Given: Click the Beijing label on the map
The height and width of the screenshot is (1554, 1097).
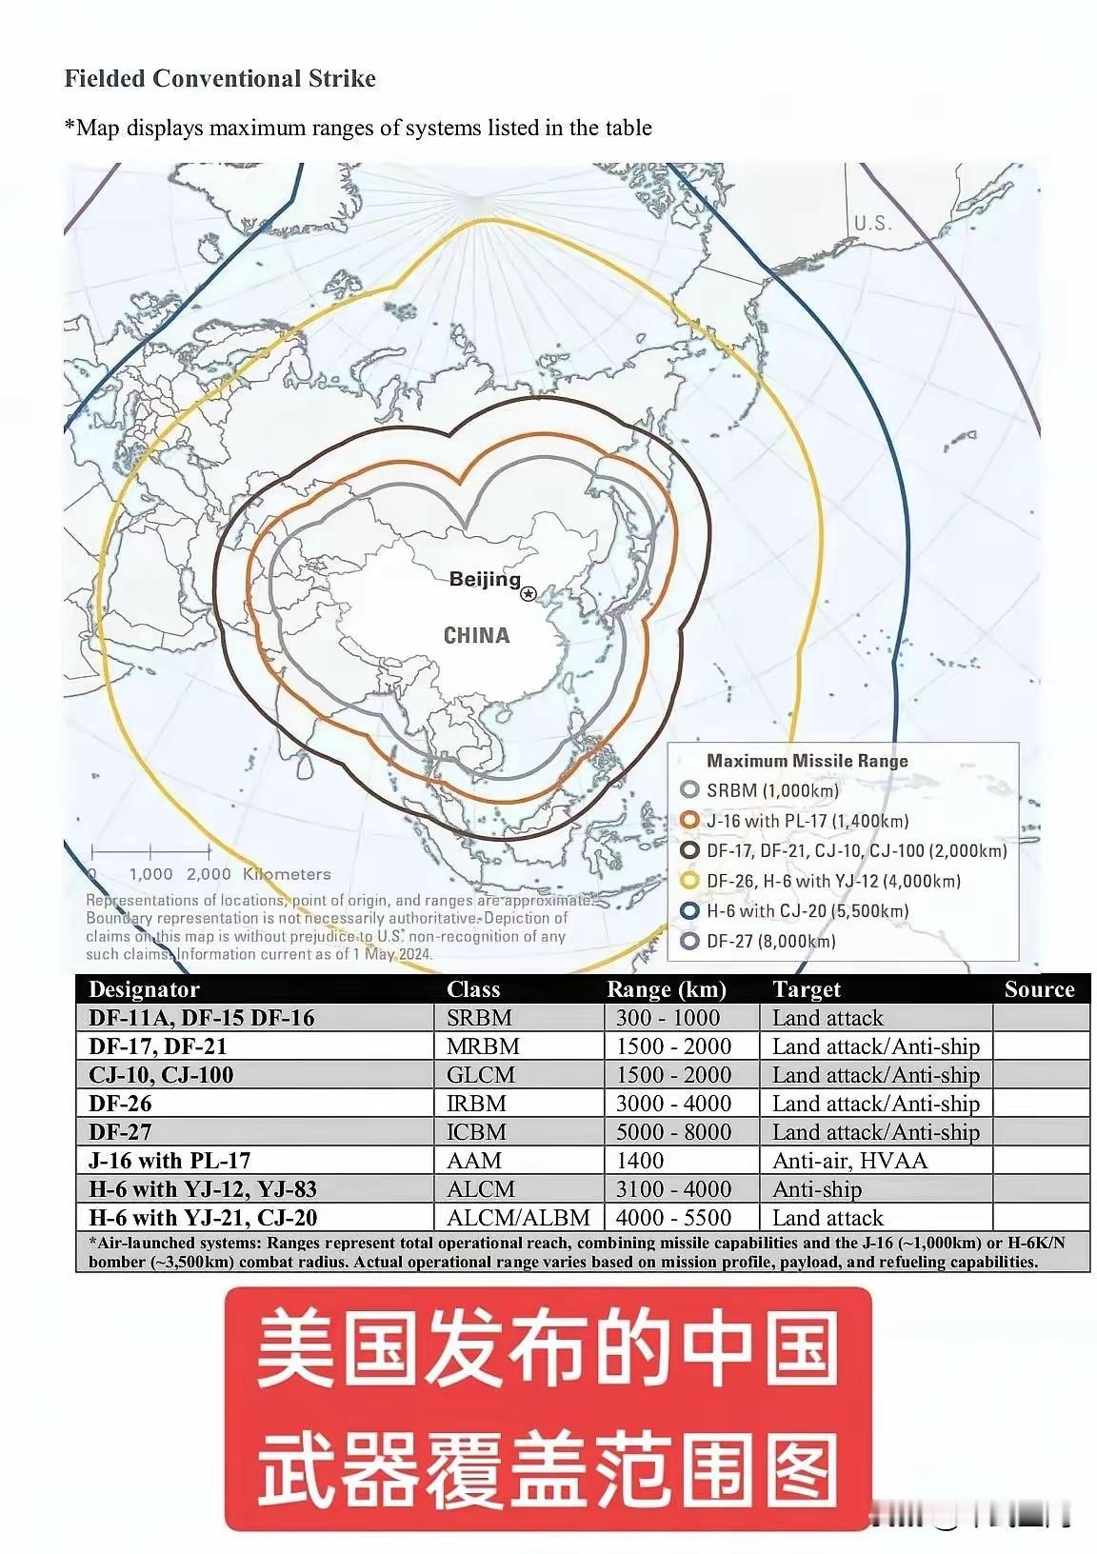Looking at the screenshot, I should point(485,579).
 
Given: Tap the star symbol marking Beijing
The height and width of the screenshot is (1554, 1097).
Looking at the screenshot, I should point(529,593).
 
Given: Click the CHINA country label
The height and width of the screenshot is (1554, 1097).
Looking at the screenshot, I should point(477,635).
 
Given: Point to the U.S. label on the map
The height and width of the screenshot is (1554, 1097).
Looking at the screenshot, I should point(872,223).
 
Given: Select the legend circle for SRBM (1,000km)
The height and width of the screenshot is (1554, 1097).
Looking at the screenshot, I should point(690,790).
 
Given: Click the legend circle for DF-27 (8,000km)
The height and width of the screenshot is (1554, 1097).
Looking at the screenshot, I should point(690,942).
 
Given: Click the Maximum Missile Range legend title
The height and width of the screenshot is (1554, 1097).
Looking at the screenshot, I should point(808,761).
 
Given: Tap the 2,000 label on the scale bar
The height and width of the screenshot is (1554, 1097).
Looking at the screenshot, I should point(209,874).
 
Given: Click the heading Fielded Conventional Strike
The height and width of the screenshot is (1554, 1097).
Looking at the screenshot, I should point(220,78).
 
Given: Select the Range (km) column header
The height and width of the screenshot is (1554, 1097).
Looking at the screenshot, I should point(667,989).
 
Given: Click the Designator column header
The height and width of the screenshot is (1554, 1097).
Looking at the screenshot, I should point(144,989).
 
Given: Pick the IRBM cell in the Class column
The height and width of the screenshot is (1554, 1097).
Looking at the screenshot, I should point(476,1104).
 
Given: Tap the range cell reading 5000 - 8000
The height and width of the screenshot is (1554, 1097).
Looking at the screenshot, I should point(673,1132).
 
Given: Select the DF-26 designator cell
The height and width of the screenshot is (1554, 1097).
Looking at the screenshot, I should point(120,1104).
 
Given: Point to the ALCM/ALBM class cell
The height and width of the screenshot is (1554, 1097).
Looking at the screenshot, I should point(518,1218).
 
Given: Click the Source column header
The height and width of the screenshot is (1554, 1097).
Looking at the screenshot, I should point(1039,989).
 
